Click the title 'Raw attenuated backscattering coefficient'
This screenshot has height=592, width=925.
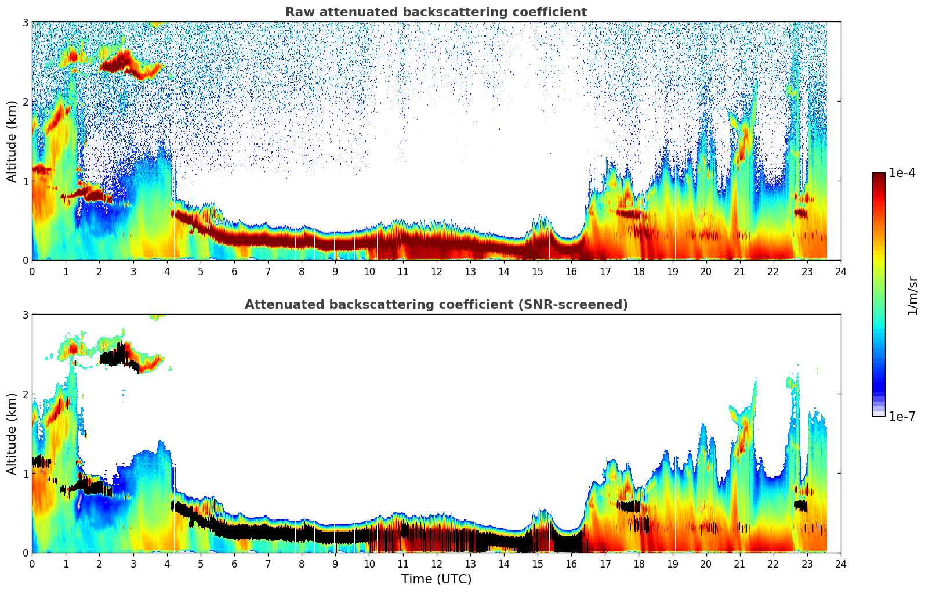[436, 12]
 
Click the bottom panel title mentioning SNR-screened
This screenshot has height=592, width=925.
[436, 305]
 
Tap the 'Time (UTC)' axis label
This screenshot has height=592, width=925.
[436, 579]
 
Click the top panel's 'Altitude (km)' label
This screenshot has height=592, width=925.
[12, 141]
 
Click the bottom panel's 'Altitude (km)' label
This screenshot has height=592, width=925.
[12, 434]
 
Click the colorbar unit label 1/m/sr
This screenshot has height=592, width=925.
[912, 295]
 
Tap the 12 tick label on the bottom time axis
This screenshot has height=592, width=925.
[436, 564]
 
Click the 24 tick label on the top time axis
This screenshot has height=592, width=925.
[840, 272]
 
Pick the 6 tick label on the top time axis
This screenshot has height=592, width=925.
[234, 272]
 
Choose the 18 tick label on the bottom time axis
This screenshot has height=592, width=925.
[639, 564]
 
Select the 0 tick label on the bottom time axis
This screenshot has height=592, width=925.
[32, 564]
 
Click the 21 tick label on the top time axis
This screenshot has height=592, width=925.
[739, 272]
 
